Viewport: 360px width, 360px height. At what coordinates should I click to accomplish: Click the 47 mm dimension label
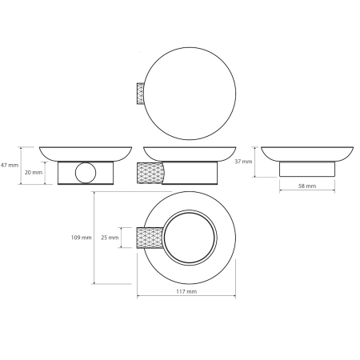click(10, 165)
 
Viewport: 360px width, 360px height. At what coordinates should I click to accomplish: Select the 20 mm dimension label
click(34, 173)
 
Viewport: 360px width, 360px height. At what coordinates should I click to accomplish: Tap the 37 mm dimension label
click(243, 162)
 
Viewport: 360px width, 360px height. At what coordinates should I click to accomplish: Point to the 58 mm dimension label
click(307, 186)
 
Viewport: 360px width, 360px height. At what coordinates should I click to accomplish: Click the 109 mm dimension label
click(82, 238)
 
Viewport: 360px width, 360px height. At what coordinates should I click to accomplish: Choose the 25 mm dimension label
click(110, 238)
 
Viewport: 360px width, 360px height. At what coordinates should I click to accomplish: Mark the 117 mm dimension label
click(186, 291)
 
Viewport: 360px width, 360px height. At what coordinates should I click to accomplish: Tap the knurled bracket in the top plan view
click(141, 94)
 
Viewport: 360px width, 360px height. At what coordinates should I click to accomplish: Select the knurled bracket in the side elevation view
click(150, 173)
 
